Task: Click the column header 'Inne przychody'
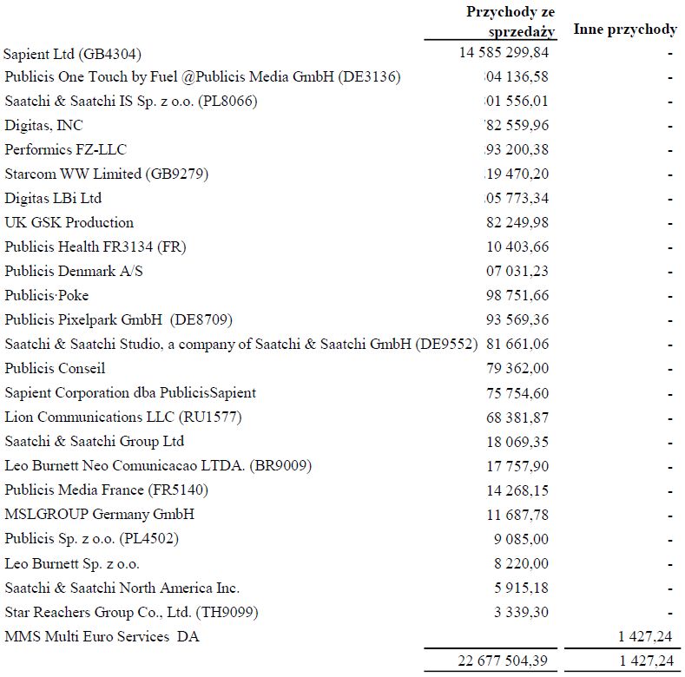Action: pyautogui.click(x=625, y=30)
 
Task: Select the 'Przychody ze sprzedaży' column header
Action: pyautogui.click(x=510, y=21)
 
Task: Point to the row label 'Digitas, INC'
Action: pyautogui.click(x=44, y=126)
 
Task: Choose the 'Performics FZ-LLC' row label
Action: pyautogui.click(x=66, y=150)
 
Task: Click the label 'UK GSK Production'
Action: pyautogui.click(x=69, y=222)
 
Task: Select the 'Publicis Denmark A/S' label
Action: pyautogui.click(x=75, y=271)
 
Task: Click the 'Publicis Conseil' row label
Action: pyautogui.click(x=56, y=368)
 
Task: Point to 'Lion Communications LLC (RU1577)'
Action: pyautogui.click(x=123, y=417)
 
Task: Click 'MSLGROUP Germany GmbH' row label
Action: pyautogui.click(x=100, y=514)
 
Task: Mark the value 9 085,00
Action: pyautogui.click(x=522, y=538)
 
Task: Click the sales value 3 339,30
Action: pyautogui.click(x=522, y=612)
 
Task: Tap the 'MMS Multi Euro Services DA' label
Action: pyautogui.click(x=102, y=636)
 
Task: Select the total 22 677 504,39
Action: pyautogui.click(x=504, y=661)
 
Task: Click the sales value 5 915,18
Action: pyautogui.click(x=522, y=588)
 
